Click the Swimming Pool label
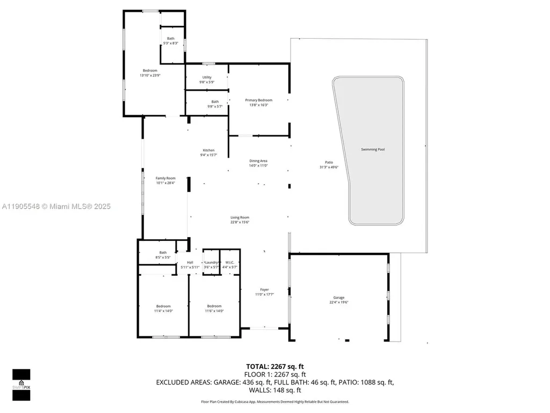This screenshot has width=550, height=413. (373, 149)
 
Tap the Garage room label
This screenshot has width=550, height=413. (338, 297)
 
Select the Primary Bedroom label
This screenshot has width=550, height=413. (258, 100)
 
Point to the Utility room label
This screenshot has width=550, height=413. (207, 77)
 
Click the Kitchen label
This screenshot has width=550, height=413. (208, 150)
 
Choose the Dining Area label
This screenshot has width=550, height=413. (258, 161)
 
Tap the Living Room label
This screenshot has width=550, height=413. (240, 217)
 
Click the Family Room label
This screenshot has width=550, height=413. (165, 178)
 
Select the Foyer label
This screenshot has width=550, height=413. (264, 289)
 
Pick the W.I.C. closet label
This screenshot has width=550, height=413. (229, 262)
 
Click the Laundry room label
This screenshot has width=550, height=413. (211, 262)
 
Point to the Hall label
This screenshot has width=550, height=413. (190, 262)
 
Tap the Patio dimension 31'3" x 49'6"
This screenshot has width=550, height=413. (329, 167)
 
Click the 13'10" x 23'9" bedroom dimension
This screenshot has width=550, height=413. (150, 76)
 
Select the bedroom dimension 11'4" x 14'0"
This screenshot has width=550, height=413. (163, 311)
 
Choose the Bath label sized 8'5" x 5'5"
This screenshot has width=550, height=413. (163, 253)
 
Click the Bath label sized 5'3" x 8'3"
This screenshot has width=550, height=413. (170, 38)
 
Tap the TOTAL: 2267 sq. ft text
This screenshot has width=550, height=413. (275, 367)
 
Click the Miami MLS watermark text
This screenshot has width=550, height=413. (56, 206)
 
